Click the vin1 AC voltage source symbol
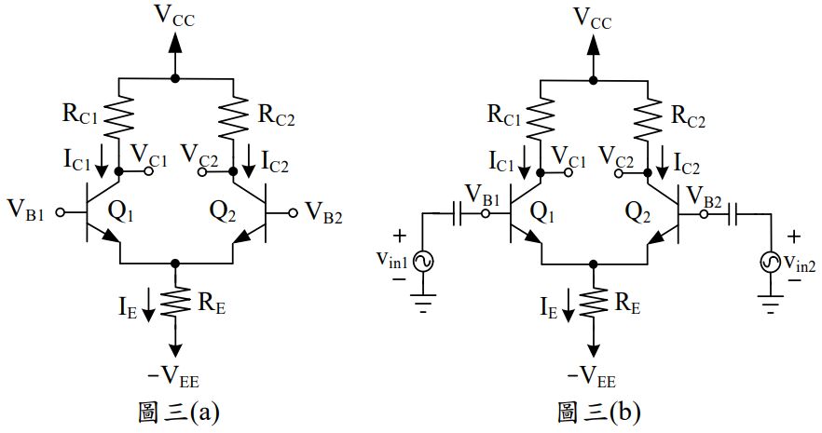[422, 263]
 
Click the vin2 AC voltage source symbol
[772, 263]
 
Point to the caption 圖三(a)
[178, 411]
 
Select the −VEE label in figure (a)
[174, 375]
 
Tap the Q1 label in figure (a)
[125, 212]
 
